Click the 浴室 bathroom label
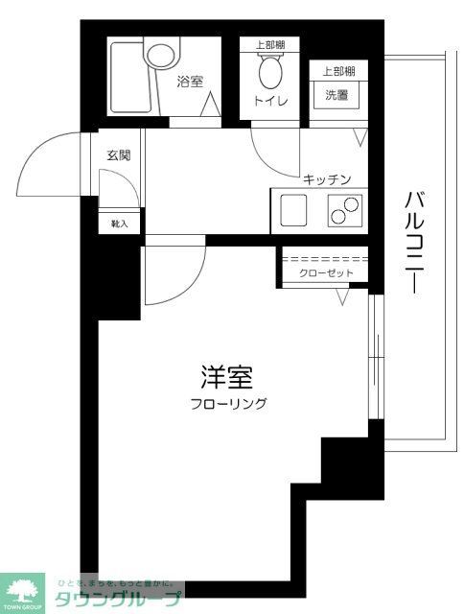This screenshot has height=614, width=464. click(190, 82)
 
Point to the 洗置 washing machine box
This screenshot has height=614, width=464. click(336, 96)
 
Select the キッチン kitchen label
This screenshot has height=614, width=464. click(327, 178)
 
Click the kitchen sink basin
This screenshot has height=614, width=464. click(292, 207)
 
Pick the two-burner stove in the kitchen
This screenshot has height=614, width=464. click(344, 208)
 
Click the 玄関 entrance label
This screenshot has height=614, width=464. click(118, 154)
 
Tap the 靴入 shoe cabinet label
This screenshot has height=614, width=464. click(120, 223)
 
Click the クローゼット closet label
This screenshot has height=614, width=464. click(326, 274)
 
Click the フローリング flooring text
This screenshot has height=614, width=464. click(227, 404)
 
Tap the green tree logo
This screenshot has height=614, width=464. click(22, 590)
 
